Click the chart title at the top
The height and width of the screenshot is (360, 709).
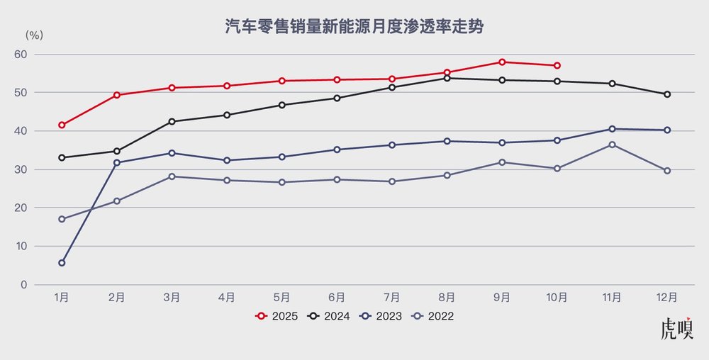point(354,27)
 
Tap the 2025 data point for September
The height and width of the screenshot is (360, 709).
point(502,62)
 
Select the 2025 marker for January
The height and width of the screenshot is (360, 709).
point(62,125)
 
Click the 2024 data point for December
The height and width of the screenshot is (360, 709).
point(667,94)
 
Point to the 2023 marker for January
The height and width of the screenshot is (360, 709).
point(62,263)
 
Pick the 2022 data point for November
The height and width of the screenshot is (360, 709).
point(612,145)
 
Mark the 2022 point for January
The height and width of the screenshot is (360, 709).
point(62,219)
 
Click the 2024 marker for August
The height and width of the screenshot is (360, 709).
point(447,78)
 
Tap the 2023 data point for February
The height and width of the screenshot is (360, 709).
point(117,163)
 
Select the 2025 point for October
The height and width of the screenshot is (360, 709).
point(557,66)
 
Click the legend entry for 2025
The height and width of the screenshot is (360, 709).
point(277,317)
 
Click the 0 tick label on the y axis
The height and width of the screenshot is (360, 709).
point(43,285)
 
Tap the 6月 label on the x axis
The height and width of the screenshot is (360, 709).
point(337,298)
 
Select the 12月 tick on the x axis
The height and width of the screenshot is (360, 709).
point(667,298)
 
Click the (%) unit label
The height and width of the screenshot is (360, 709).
point(35,35)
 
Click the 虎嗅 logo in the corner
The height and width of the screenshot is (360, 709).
point(676,330)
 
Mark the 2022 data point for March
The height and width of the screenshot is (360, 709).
point(172,176)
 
